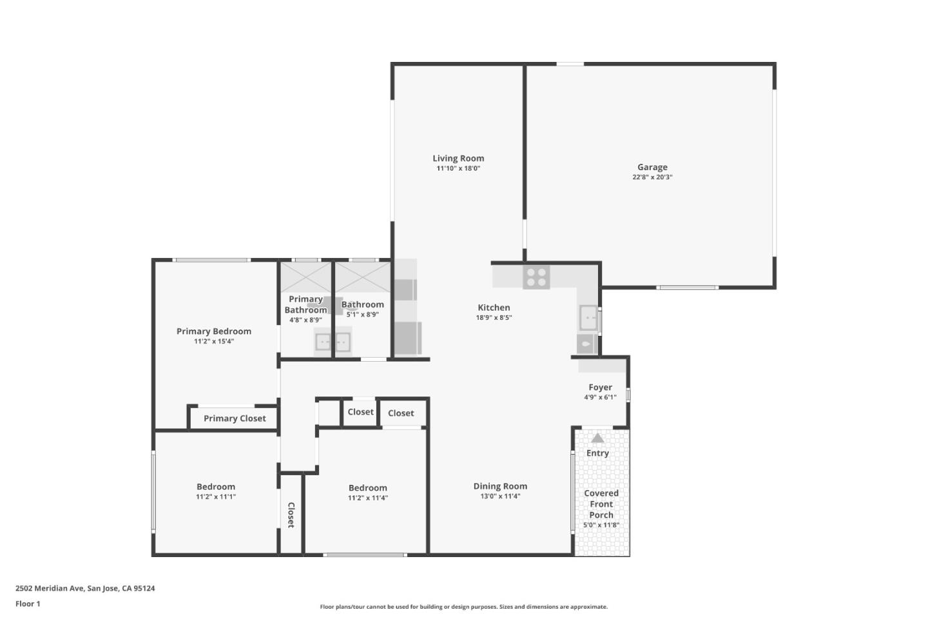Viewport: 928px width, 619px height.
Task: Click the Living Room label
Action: (458, 158)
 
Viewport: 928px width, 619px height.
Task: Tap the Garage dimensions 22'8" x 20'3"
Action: (652, 177)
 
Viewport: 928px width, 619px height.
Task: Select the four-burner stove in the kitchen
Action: (536, 277)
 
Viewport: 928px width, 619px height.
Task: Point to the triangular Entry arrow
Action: (597, 438)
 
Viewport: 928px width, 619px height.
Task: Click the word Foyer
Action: (600, 388)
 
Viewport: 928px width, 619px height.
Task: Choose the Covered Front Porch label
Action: (601, 504)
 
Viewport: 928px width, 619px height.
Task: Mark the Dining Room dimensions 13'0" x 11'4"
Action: (500, 496)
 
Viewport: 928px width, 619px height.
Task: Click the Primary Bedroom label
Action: (214, 331)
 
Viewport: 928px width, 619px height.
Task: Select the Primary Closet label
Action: (235, 418)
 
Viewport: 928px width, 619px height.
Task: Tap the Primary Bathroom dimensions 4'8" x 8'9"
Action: (305, 320)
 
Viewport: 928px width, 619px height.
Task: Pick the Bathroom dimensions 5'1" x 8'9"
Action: (362, 315)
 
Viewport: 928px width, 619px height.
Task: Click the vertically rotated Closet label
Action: (291, 515)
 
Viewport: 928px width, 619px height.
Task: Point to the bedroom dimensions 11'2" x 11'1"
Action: (216, 497)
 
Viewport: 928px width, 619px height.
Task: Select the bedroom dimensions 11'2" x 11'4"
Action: (368, 498)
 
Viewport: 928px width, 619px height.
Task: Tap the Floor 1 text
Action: (28, 604)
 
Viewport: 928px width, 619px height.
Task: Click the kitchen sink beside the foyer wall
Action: (588, 318)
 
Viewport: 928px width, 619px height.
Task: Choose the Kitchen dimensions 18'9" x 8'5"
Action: (494, 318)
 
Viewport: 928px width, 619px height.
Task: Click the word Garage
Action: (652, 167)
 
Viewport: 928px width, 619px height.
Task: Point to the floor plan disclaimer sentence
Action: (464, 607)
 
